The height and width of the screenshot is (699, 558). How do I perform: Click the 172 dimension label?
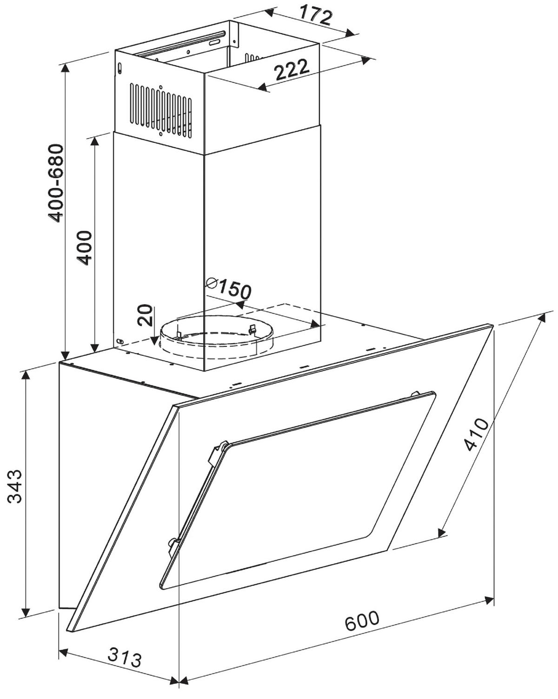pos(316,16)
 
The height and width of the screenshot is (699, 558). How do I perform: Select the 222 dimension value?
pos(292,70)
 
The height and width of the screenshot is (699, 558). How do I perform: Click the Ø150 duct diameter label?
pos(228,289)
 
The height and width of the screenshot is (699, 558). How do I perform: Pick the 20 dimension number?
pos(146,315)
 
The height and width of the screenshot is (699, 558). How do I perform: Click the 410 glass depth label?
pos(476,434)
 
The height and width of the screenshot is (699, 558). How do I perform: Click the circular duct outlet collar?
pos(216,337)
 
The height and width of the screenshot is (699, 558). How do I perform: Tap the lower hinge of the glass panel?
pos(173,544)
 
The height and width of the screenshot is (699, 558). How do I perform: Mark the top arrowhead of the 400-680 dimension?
pos(66,67)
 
